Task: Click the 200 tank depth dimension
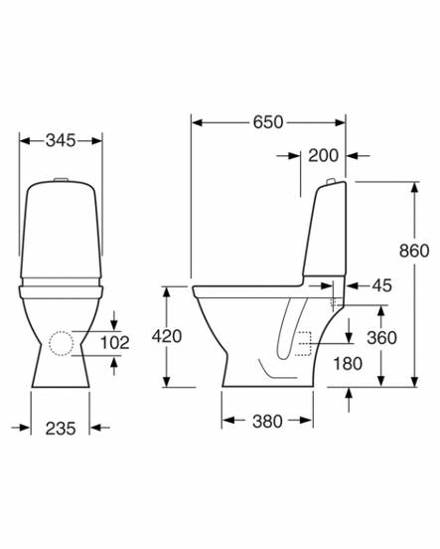pos(323,155)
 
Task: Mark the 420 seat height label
pos(167,336)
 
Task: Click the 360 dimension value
pos(382,337)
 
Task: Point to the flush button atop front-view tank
pos(61,179)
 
